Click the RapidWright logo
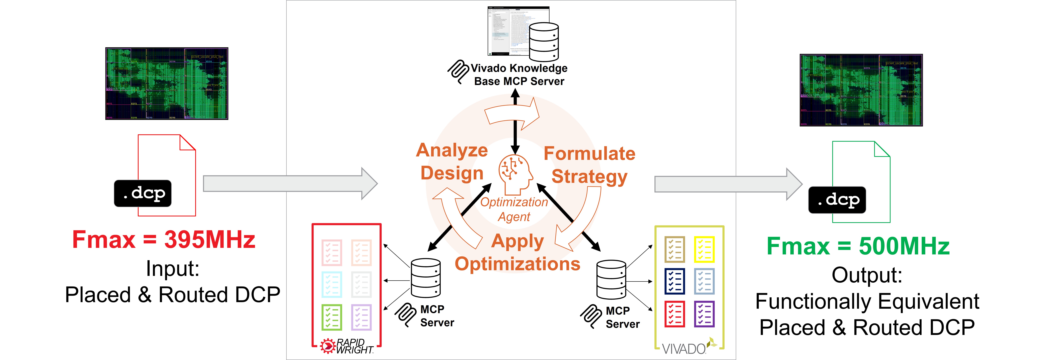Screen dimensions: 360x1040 point(347,346)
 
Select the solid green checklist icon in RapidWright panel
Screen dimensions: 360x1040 point(331,317)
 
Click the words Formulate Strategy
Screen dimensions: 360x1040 point(589,165)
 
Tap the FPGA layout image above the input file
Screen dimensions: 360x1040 point(167,84)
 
